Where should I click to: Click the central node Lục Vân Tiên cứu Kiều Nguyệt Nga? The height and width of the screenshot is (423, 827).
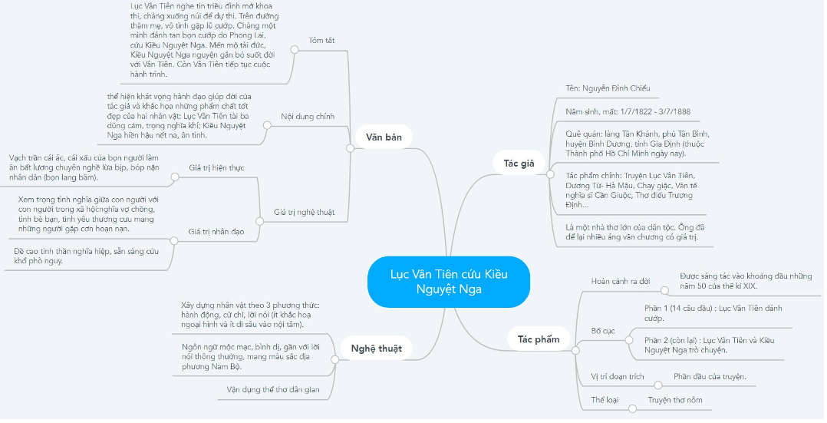coord(448,282)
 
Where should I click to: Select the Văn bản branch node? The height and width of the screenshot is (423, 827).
coord(384,137)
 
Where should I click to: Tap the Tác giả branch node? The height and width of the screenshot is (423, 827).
coord(519,164)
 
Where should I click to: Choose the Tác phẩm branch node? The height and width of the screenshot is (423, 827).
coord(539,339)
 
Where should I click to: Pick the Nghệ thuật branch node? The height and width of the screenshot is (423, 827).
coord(376,349)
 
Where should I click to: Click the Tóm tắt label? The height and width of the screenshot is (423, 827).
coord(321,40)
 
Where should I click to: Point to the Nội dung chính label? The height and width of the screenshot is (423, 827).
coord(308,117)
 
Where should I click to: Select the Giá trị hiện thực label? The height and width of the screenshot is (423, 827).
coord(217,168)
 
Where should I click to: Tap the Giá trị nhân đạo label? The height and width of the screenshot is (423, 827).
coord(216,231)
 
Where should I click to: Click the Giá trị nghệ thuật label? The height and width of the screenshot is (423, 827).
coord(305,213)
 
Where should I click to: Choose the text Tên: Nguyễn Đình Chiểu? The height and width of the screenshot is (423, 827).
coord(608,88)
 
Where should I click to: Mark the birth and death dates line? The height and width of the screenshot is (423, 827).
coord(628,111)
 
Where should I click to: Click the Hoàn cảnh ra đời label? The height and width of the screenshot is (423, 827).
coord(621,282)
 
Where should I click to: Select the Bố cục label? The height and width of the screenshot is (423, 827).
coord(603,331)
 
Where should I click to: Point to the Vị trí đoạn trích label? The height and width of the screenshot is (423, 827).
coord(618,376)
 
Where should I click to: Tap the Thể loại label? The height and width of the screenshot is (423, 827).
coord(605,400)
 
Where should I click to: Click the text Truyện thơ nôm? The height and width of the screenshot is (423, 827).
coord(675,400)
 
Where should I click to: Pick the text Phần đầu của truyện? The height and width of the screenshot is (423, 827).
coord(710,376)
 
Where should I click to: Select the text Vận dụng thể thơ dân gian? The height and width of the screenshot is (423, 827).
coord(273,390)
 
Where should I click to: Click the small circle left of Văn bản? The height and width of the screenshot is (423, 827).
coord(350,148)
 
